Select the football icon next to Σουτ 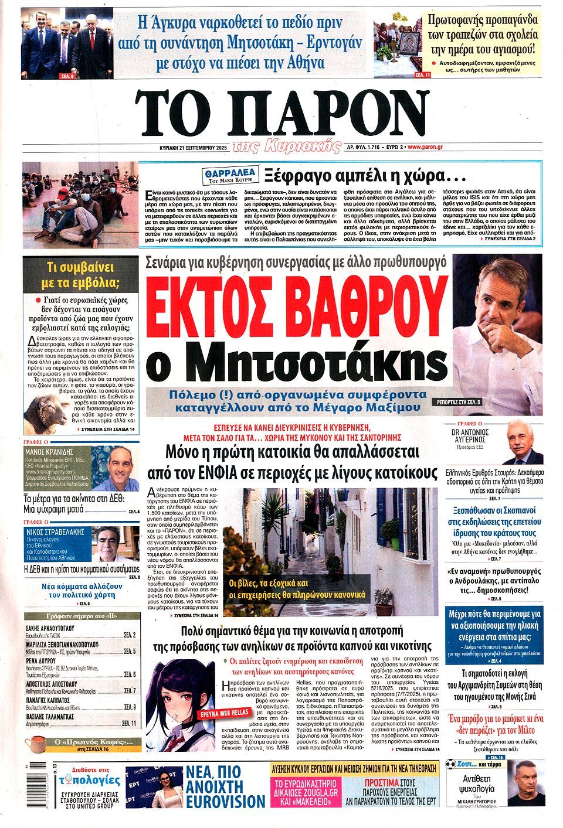point(450,764)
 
